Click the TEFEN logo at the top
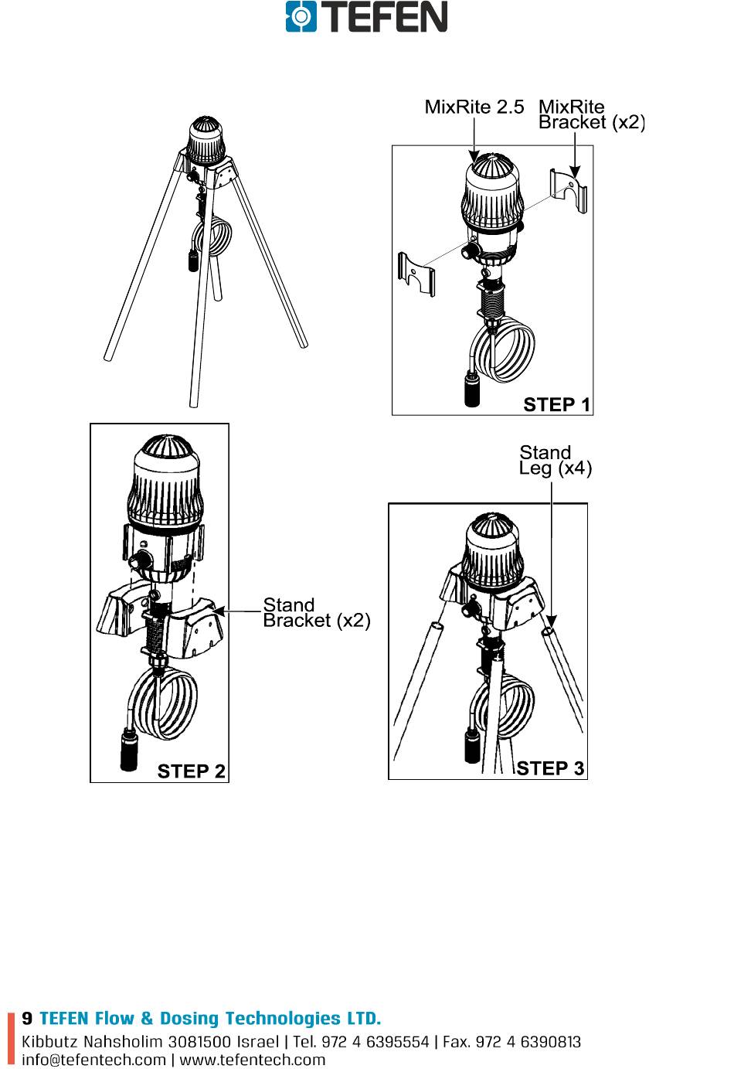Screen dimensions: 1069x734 366,17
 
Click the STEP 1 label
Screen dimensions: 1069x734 556,404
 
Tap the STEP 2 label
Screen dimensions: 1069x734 191,771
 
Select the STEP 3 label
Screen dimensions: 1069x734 550,768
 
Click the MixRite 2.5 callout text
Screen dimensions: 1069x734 474,107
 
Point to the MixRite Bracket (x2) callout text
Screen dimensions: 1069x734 590,114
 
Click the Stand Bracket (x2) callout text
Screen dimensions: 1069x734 316,612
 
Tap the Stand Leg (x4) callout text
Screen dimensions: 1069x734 555,460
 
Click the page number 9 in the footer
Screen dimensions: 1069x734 27,1018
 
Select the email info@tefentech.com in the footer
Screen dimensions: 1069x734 93,1060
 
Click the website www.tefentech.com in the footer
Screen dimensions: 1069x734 253,1060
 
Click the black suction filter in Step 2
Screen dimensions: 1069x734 130,749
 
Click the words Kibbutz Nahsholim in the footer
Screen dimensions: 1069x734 92,1042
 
